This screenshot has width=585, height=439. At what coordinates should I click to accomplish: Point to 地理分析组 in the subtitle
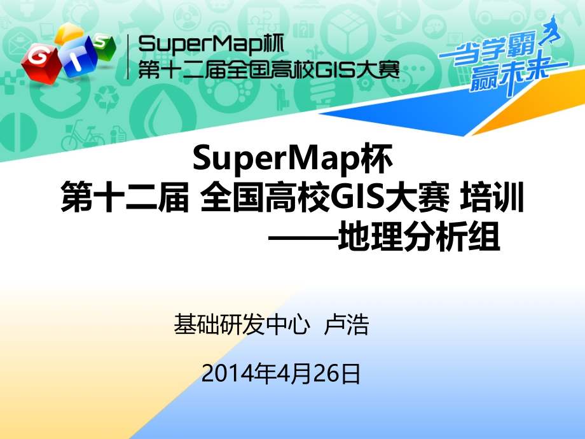point(419,240)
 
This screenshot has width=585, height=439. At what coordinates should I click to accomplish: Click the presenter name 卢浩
point(347,326)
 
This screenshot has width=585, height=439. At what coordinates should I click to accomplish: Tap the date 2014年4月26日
point(280,373)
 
